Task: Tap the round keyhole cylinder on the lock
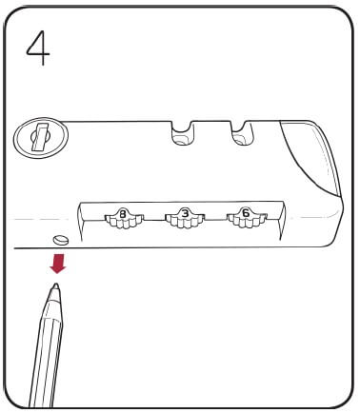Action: pyautogui.click(x=34, y=140)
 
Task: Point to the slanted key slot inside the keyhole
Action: pyautogui.click(x=35, y=139)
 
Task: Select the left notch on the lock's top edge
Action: pyautogui.click(x=180, y=135)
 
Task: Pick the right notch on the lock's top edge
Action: pyautogui.click(x=237, y=135)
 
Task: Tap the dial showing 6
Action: pyautogui.click(x=244, y=217)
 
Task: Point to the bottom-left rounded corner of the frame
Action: pyautogui.click(x=17, y=398)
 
